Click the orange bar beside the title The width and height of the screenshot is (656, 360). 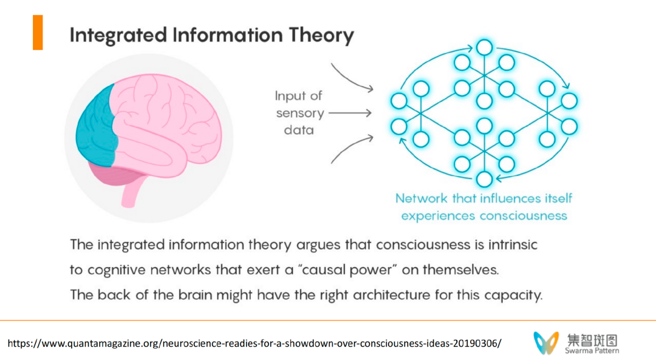[x=38, y=33]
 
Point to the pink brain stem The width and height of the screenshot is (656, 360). [x=131, y=193]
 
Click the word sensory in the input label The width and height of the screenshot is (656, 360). [x=300, y=113]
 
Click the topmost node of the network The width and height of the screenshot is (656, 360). [x=484, y=47]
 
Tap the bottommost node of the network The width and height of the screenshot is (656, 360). [x=484, y=179]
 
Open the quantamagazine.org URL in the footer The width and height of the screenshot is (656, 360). [x=255, y=343]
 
